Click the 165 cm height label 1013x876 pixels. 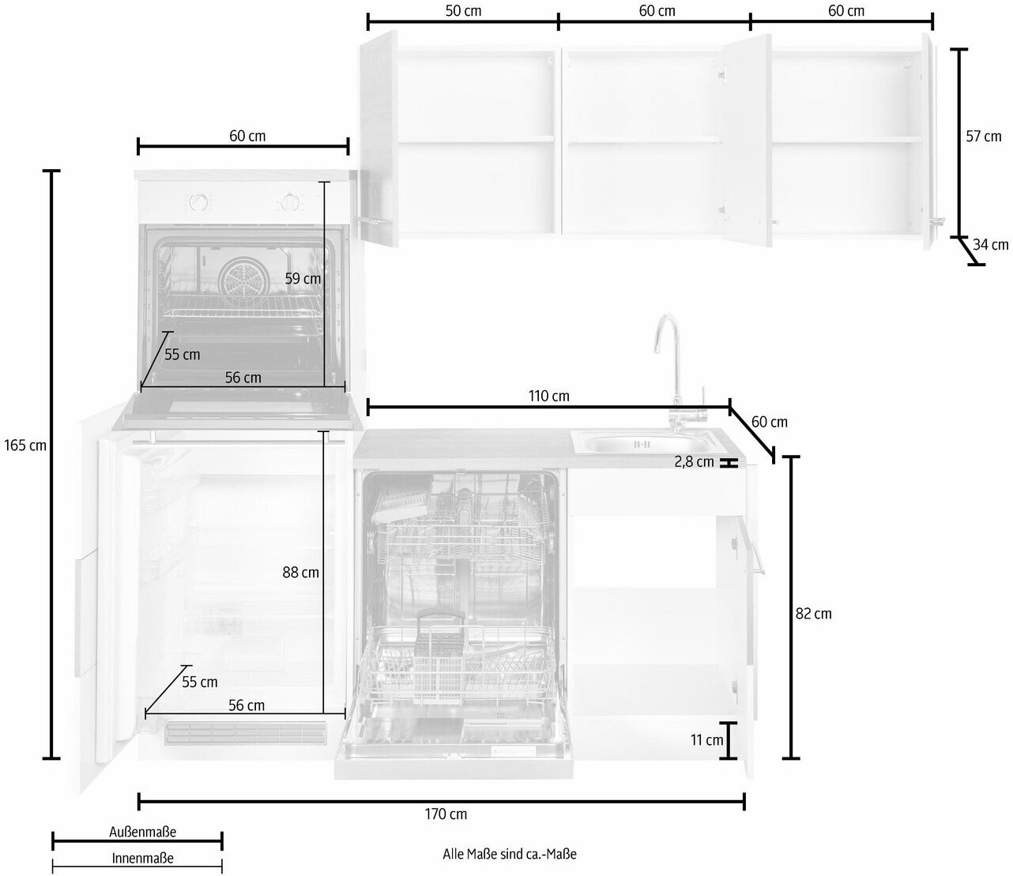pyautogui.click(x=25, y=446)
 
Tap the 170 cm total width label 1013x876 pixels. pyautogui.click(x=446, y=814)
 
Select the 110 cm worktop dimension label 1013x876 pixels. pyautogui.click(x=549, y=396)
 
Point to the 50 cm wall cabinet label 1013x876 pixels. pyautogui.click(x=463, y=11)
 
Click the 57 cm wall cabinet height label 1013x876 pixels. pyautogui.click(x=984, y=136)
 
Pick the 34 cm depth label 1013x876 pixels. pyautogui.click(x=990, y=245)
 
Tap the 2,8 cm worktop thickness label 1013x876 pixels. pyautogui.click(x=694, y=461)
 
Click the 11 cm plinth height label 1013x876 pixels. pyautogui.click(x=706, y=740)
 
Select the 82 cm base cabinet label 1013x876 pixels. pyautogui.click(x=814, y=614)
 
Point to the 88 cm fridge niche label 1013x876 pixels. pyautogui.click(x=300, y=572)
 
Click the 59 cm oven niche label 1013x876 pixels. pyautogui.click(x=303, y=279)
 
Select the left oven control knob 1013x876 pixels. pyautogui.click(x=198, y=202)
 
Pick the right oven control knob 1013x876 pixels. pyautogui.click(x=289, y=202)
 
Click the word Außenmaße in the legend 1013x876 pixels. pyautogui.click(x=142, y=832)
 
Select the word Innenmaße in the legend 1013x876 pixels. pyautogui.click(x=142, y=859)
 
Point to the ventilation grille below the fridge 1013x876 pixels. pyautogui.click(x=246, y=734)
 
